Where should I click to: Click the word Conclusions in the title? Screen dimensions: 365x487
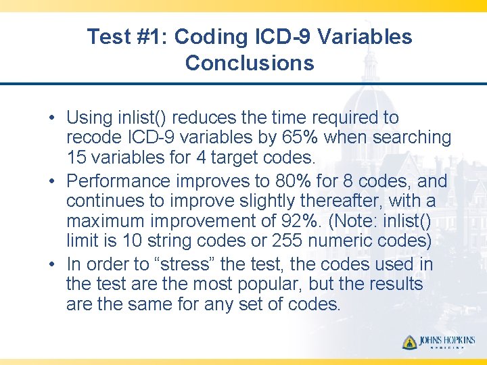249,63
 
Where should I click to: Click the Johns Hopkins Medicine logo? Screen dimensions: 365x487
438,343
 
